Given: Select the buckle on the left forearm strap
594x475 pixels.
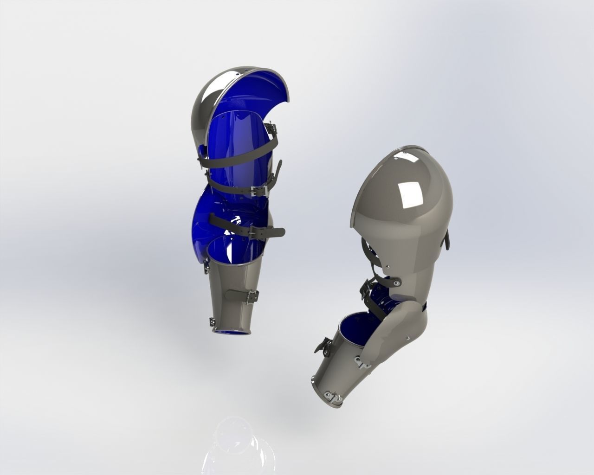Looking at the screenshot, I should [253, 295].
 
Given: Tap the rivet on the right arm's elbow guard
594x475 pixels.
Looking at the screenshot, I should [407, 337].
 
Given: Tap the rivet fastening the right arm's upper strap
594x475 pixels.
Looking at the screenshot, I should [395, 281].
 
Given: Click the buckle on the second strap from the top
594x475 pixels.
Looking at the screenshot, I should [256, 190].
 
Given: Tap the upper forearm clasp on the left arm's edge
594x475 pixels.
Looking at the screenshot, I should [206, 265].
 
